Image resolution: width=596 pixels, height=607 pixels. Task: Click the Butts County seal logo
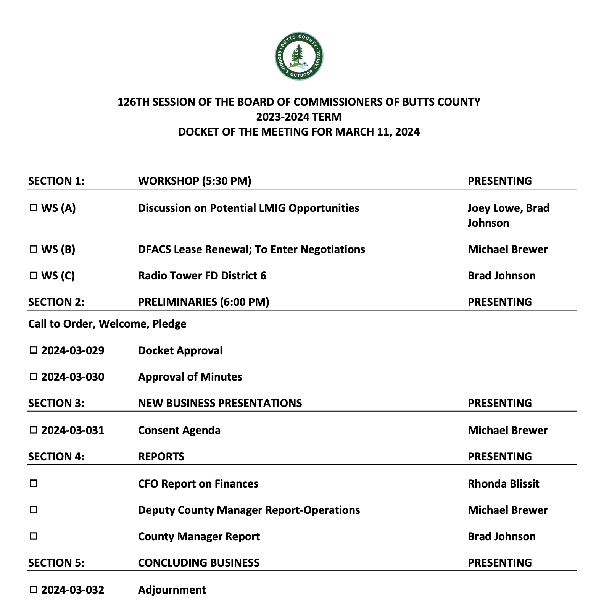coord(299,56)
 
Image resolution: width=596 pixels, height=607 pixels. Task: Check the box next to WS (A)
coord(34,208)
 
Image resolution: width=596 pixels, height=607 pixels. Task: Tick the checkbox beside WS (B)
coord(34,249)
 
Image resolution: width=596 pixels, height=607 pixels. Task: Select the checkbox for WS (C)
coord(34,276)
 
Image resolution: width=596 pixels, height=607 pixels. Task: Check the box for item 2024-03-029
coord(34,350)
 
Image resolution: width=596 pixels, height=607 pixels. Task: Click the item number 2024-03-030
coord(72,377)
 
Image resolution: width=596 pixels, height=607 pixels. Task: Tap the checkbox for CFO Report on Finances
coord(34,483)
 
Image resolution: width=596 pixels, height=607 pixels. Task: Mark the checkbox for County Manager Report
coord(34,536)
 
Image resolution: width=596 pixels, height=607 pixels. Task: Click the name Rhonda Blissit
coord(503,484)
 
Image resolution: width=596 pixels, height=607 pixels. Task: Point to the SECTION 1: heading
coord(56,181)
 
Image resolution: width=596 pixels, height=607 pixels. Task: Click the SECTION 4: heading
coord(56,457)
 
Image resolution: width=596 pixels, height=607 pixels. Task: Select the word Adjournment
coord(172,590)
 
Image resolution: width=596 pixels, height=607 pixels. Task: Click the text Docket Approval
coord(180,350)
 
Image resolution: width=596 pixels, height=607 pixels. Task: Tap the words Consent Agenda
coord(179,430)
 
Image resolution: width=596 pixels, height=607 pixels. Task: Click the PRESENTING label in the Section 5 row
coord(499,563)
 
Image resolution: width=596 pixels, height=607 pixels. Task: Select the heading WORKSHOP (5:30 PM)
coord(195,181)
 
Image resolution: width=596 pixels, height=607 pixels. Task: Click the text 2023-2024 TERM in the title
coord(299,117)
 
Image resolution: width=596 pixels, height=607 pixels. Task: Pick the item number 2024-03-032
coord(72,590)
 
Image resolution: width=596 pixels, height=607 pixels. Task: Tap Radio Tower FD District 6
coord(202,276)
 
